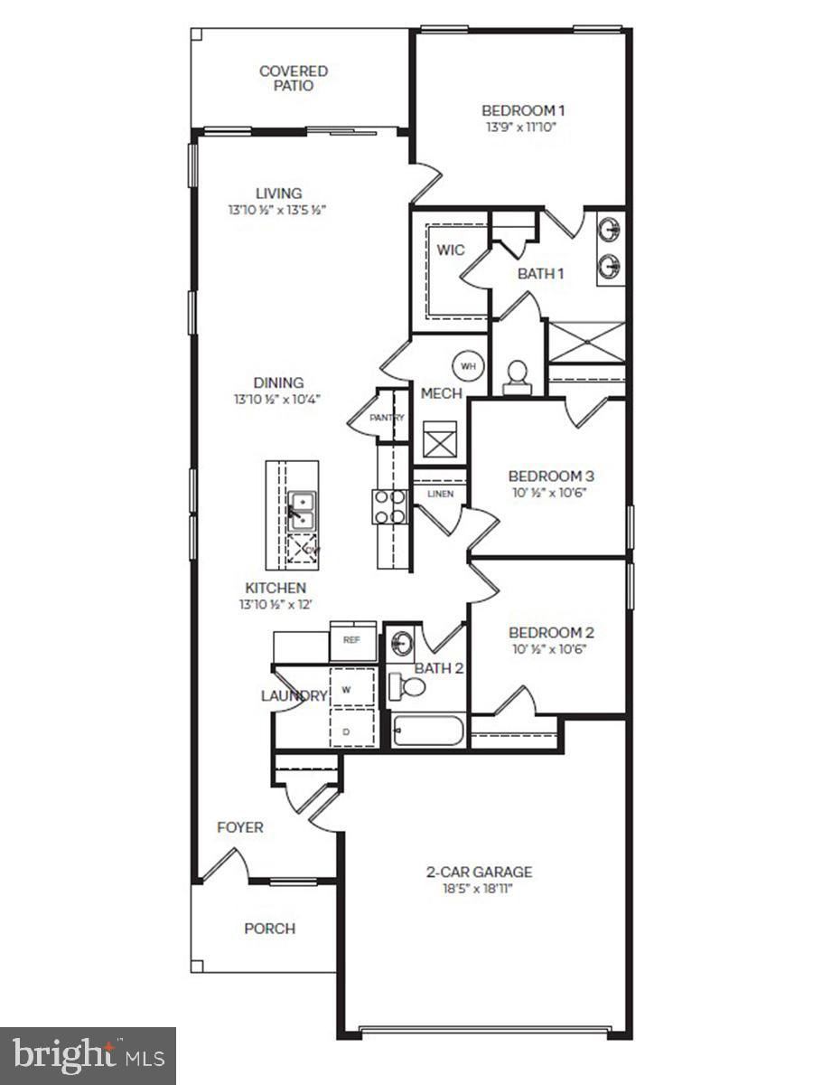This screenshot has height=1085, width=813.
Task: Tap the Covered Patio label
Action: [x=293, y=79]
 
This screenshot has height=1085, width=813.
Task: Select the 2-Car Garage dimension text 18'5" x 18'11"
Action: [x=479, y=889]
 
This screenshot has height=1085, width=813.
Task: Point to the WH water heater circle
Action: [x=467, y=366]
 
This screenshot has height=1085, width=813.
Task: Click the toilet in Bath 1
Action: [x=518, y=378]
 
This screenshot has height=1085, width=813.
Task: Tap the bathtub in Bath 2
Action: [x=430, y=731]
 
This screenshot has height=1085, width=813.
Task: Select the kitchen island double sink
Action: [x=301, y=512]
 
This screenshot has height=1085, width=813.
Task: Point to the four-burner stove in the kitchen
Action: [x=390, y=505]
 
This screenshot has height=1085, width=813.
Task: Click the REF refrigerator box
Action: [x=352, y=639]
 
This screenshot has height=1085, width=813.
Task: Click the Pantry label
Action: [x=386, y=418]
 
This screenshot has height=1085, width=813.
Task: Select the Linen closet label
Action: [x=440, y=494]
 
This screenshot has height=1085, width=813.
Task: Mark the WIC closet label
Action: [x=451, y=250]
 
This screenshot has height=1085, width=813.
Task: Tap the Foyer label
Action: [x=240, y=827]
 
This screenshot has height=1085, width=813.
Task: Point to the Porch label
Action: [x=269, y=929]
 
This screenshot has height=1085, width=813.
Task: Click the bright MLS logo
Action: [x=89, y=1054]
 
